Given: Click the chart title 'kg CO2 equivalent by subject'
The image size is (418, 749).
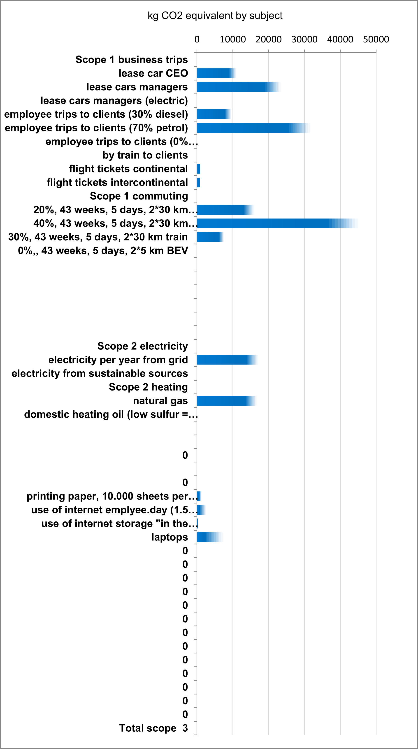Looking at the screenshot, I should [x=215, y=15].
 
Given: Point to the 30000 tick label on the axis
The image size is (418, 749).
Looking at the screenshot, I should [x=304, y=39].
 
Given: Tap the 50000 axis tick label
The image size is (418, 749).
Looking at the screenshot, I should [x=376, y=39].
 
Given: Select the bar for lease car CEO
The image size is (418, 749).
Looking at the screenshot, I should [x=215, y=73].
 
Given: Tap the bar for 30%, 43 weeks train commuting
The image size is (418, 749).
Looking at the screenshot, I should [x=209, y=237].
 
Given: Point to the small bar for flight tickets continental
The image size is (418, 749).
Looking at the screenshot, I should [x=199, y=169].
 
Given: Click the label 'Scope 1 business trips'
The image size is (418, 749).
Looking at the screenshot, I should [x=131, y=60].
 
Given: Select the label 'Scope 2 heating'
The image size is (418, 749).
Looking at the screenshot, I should [x=148, y=387].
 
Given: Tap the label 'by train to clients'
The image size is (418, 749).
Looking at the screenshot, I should [x=145, y=155].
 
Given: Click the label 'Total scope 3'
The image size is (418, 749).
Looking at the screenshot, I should [x=153, y=728].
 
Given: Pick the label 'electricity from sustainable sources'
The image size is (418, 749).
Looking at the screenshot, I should [x=100, y=373].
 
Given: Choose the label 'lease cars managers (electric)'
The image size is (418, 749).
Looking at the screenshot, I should [x=114, y=101].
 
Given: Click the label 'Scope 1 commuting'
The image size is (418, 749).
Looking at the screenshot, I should [x=139, y=196].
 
